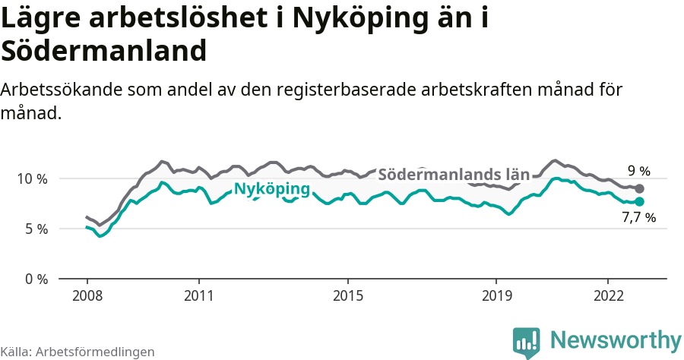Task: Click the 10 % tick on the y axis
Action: point(30,178)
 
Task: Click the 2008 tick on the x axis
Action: point(87,295)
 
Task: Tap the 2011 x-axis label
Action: point(198,295)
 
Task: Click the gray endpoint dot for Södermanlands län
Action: point(639,188)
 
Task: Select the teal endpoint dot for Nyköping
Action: point(639,201)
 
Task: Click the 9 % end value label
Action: point(638,171)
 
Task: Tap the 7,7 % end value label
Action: point(638,218)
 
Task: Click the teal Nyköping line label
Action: point(271,189)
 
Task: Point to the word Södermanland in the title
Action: point(103,52)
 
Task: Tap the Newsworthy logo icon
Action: point(526,342)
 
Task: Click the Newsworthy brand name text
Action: point(616,339)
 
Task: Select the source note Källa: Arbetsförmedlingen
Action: point(78,352)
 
